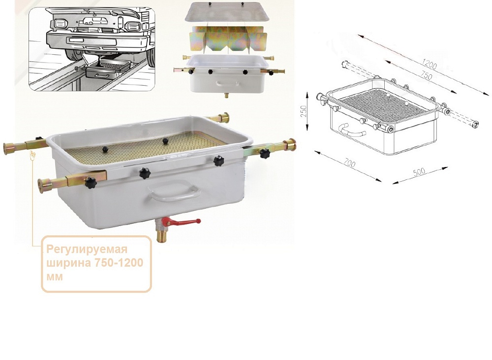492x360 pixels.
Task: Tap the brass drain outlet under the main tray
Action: [x=162, y=235]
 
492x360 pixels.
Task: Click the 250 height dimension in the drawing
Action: [x=304, y=111]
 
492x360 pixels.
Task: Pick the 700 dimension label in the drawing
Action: [x=349, y=163]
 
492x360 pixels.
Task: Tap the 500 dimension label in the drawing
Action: [x=419, y=171]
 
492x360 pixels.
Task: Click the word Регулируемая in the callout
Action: [x=87, y=249]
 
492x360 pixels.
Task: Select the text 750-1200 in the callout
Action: [x=119, y=262]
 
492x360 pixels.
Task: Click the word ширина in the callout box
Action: [x=69, y=263]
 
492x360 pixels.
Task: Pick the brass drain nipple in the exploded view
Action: [x=226, y=95]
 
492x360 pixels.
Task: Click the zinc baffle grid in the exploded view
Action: [x=228, y=38]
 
